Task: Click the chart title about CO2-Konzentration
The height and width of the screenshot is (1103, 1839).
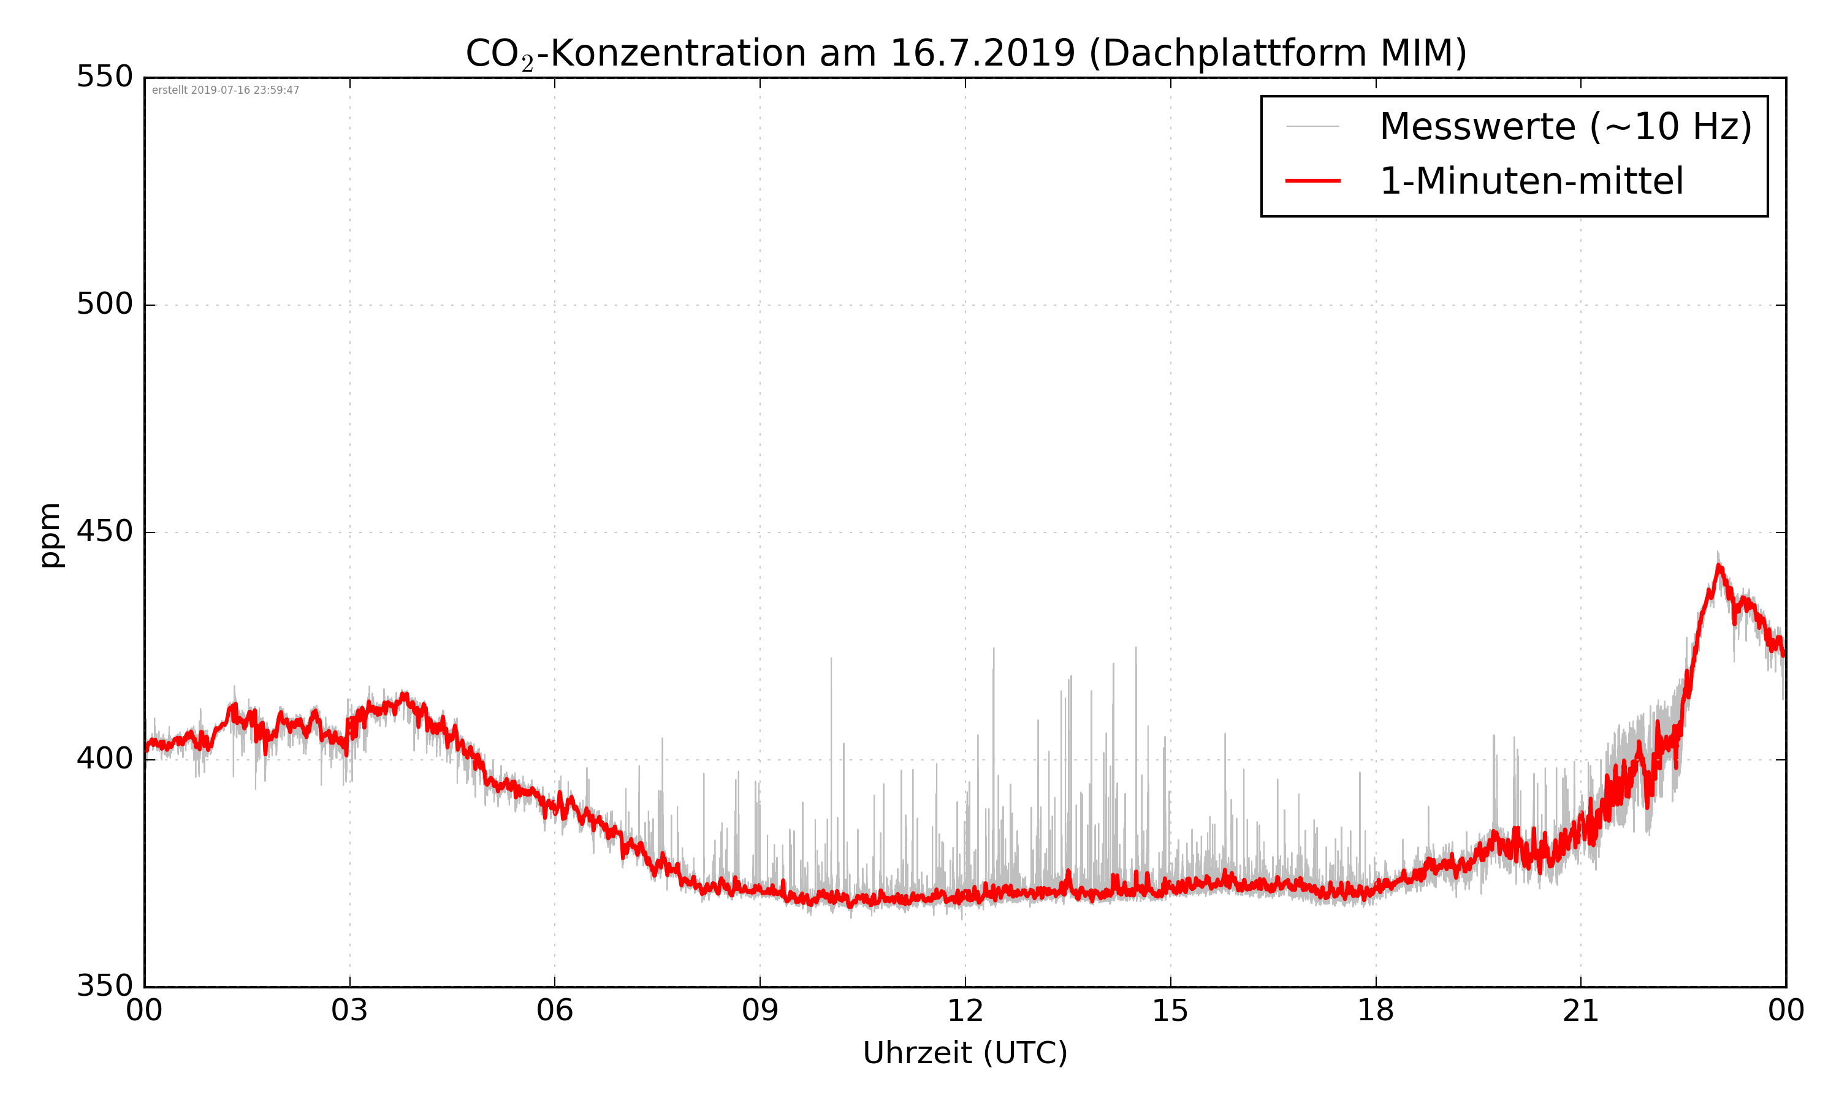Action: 965,53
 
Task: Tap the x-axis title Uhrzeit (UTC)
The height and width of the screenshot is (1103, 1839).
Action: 965,1053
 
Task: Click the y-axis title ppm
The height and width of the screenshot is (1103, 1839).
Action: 50,534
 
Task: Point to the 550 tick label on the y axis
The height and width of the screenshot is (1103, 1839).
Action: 105,77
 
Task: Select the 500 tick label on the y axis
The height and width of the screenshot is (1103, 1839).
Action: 105,304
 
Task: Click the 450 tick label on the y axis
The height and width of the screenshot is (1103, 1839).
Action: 105,531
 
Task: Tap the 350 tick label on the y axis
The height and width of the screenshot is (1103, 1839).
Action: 105,987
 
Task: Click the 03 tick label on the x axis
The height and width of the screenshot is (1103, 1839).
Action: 349,1012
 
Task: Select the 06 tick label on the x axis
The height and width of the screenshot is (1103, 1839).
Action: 555,1012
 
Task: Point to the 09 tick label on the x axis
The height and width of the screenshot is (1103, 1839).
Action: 760,1012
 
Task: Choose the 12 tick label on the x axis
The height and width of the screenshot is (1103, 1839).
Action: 965,1012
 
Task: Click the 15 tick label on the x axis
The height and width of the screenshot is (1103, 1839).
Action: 1170,1012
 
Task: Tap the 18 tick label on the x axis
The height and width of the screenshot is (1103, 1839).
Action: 1375,1012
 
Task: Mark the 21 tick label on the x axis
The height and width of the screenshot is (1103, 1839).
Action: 1580,1012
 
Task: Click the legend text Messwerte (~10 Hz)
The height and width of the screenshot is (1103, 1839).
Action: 1566,126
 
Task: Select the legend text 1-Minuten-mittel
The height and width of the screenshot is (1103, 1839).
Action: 1531,181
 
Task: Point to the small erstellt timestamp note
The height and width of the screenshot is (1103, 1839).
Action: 225,91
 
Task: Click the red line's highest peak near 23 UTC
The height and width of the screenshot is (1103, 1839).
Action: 1719,567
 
